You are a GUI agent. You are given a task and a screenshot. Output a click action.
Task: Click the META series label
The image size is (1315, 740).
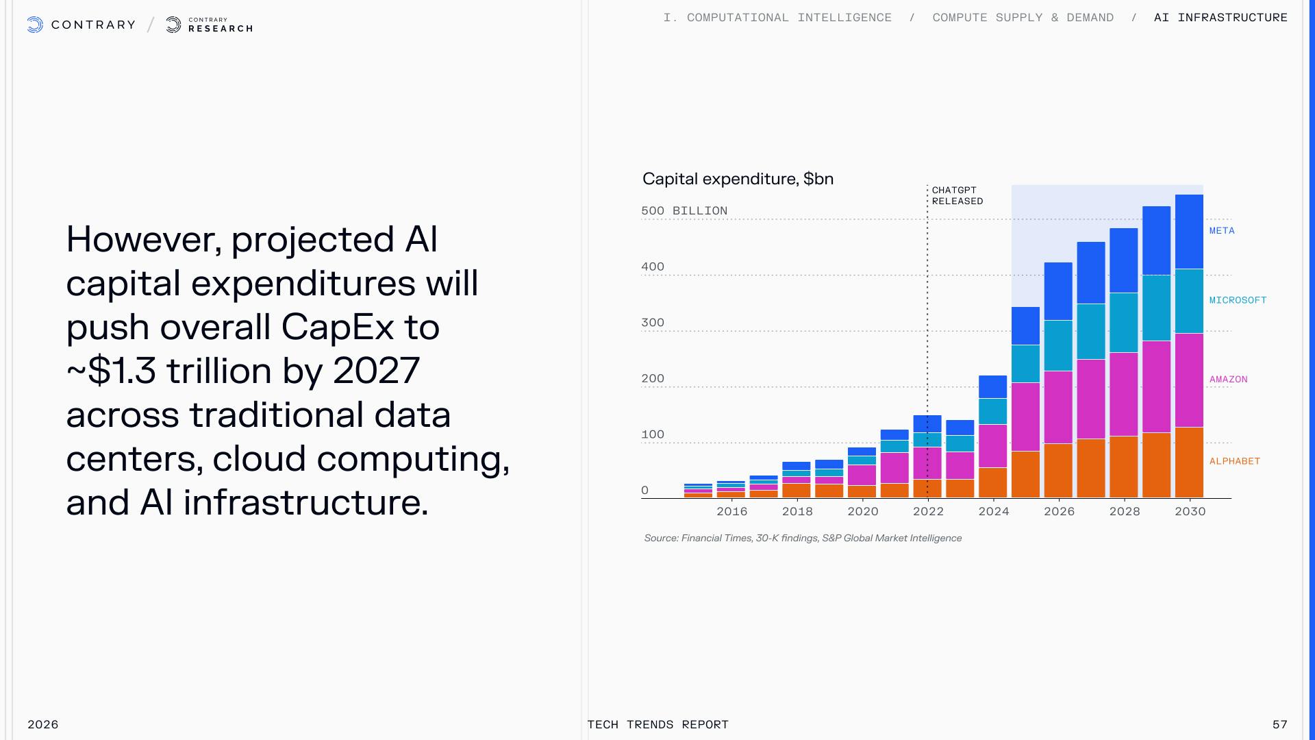click(1222, 231)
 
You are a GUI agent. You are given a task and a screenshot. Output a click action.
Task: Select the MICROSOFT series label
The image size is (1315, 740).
click(1238, 300)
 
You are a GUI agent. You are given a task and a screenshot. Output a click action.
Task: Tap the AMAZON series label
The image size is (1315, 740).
click(1228, 380)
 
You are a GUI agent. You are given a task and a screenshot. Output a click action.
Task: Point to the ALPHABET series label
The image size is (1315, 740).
click(1234, 461)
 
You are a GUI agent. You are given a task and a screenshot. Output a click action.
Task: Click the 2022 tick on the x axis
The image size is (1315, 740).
click(928, 511)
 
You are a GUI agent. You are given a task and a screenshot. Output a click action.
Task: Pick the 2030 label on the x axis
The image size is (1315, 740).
click(1190, 511)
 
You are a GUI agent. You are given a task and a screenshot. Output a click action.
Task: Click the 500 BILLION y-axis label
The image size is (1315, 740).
click(684, 211)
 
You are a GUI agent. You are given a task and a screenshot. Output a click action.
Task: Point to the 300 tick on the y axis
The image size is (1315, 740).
click(653, 323)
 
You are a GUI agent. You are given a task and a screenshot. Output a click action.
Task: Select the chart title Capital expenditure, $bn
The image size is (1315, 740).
click(738, 179)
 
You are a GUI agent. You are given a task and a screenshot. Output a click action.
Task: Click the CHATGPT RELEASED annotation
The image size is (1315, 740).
click(957, 196)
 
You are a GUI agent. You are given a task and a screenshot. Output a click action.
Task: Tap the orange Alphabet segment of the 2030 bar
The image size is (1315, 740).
click(1189, 463)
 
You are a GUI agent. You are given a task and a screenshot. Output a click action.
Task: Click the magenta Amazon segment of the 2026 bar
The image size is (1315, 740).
click(1058, 407)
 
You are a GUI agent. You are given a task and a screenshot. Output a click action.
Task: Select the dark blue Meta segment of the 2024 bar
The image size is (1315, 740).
click(992, 386)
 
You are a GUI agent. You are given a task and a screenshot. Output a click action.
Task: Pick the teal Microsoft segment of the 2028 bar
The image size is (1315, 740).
click(1123, 323)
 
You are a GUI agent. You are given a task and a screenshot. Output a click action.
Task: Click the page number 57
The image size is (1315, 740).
click(1279, 724)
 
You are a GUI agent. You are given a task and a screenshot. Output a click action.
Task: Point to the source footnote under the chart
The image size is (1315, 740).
click(803, 538)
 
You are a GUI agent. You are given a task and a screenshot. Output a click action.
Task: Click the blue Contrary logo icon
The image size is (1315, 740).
click(35, 25)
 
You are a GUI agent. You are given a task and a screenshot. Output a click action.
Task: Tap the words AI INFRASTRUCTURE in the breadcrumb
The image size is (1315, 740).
click(1220, 18)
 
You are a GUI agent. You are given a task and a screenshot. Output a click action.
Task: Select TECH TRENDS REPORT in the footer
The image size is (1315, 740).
click(657, 724)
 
